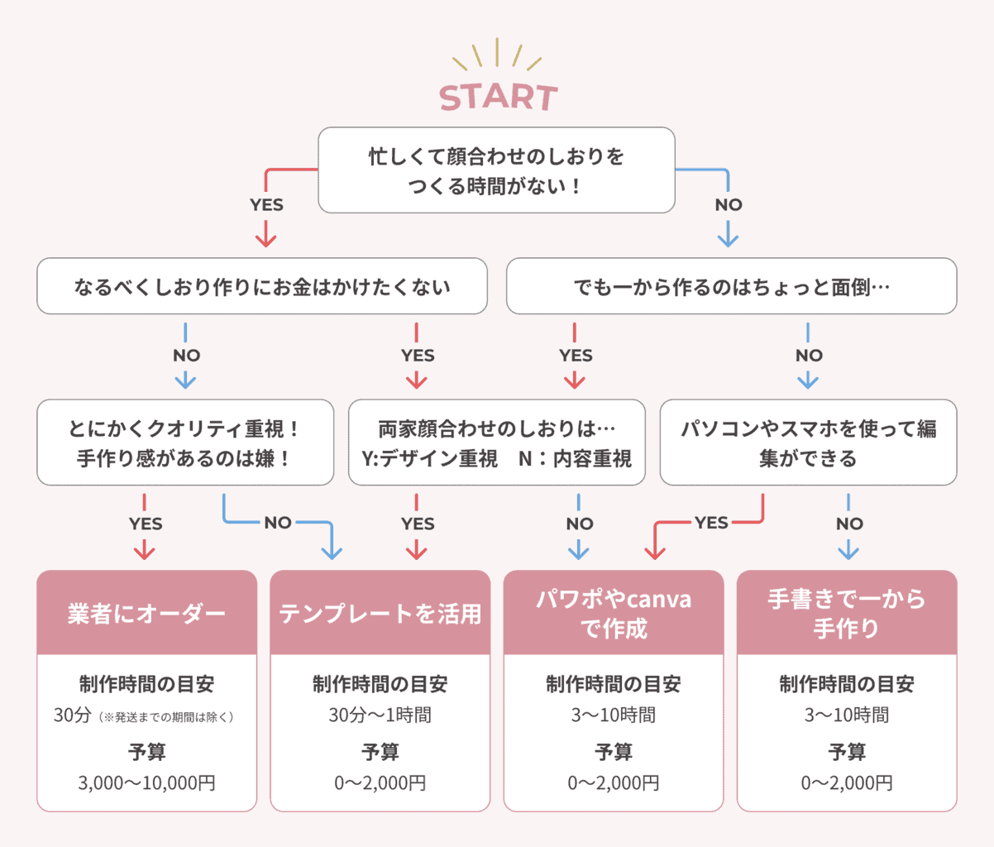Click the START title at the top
pos(498,97)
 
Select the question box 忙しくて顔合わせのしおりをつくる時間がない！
pos(496,170)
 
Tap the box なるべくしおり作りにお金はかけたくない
pos(261,286)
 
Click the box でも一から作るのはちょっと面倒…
pos(731,286)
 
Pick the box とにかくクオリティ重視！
pos(185,443)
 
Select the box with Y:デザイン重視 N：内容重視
pos(496,443)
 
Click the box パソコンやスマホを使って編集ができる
pos(808,443)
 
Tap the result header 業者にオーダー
pos(146,613)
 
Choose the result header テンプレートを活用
pos(380,613)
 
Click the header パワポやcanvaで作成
pos(613,613)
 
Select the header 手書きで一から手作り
pos(846,613)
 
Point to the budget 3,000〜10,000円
pos(146,782)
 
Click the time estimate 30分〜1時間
pos(380,715)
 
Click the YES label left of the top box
pos(266,205)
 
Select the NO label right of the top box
pos(729,205)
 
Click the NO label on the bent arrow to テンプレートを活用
pos(278,523)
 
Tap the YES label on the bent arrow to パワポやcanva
pos(711,523)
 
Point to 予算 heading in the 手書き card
pos(846,751)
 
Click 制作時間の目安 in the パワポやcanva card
pos(613,684)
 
